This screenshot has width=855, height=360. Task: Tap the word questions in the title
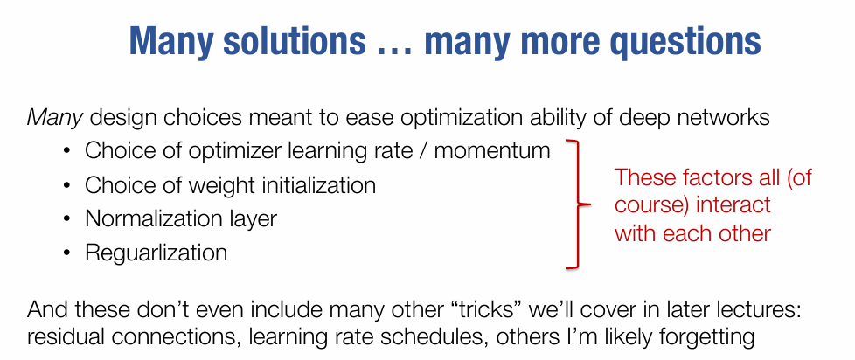(x=679, y=41)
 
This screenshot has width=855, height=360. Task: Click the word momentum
(x=492, y=151)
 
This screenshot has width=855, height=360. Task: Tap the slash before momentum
(x=421, y=151)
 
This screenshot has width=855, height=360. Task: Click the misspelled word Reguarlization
(x=156, y=253)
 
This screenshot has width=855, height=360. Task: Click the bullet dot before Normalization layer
(x=67, y=219)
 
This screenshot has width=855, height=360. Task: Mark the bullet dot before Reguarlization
(x=67, y=253)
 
